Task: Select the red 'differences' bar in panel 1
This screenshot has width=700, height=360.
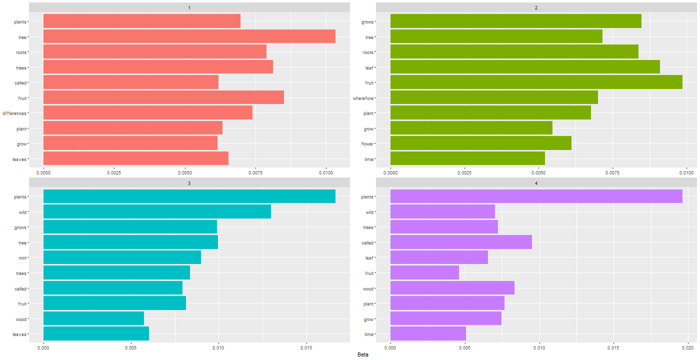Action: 148,113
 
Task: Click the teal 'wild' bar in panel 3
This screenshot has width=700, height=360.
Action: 157,212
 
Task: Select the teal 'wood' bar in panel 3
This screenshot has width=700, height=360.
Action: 94,319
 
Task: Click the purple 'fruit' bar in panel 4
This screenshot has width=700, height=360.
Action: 424,273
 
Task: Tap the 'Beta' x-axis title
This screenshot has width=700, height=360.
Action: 363,354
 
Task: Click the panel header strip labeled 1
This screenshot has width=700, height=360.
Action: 189,7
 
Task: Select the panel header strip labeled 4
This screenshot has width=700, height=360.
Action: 536,183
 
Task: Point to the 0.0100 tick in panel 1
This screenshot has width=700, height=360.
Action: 326,172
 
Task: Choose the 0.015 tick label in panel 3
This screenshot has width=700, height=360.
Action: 306,347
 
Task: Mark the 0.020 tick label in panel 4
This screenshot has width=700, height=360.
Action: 687,347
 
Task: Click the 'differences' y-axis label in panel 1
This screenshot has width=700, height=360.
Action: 14,113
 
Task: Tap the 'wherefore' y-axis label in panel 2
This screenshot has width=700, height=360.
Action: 363,98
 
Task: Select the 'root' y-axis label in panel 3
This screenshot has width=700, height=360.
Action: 21,258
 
